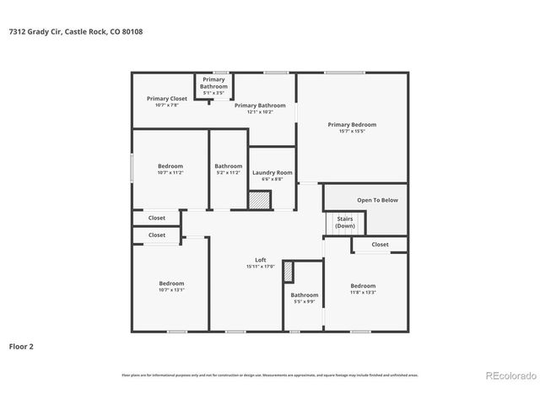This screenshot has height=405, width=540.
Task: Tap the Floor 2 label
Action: [x=21, y=346]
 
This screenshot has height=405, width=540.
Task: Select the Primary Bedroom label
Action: [x=352, y=124]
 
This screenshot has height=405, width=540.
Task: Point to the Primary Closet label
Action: [x=167, y=99]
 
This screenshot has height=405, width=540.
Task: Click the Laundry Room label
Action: [x=273, y=172]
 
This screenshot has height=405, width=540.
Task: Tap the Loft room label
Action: [x=262, y=259]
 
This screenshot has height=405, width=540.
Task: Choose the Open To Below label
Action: [x=377, y=200]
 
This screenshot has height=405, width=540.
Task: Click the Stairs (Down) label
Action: [x=345, y=223]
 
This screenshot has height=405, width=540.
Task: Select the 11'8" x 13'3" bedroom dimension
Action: [x=363, y=292]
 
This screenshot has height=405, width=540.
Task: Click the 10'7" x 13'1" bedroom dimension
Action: [x=171, y=289]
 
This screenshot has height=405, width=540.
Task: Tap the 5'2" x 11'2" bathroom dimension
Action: [x=228, y=172]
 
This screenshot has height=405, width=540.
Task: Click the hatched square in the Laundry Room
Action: [x=259, y=200]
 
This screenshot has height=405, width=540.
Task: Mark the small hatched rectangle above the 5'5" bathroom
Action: [x=288, y=272]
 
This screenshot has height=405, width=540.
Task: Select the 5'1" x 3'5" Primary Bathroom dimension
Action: [x=213, y=92]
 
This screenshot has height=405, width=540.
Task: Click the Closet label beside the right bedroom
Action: [x=380, y=245]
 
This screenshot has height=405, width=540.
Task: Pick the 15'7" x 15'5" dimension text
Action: [x=352, y=131]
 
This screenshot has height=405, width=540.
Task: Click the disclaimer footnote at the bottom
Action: [x=270, y=375]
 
